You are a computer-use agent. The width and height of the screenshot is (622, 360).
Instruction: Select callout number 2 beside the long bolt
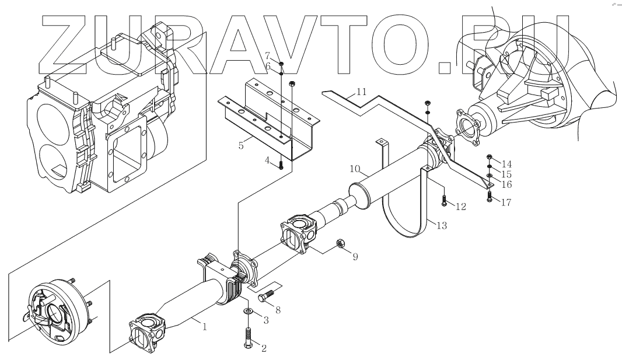[x=263, y=348]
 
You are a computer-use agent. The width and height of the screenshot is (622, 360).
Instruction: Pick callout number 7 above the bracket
[x=268, y=55]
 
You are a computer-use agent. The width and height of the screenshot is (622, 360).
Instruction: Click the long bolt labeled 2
[x=248, y=338]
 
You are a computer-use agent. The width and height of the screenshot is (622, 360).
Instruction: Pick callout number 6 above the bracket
[x=268, y=67]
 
